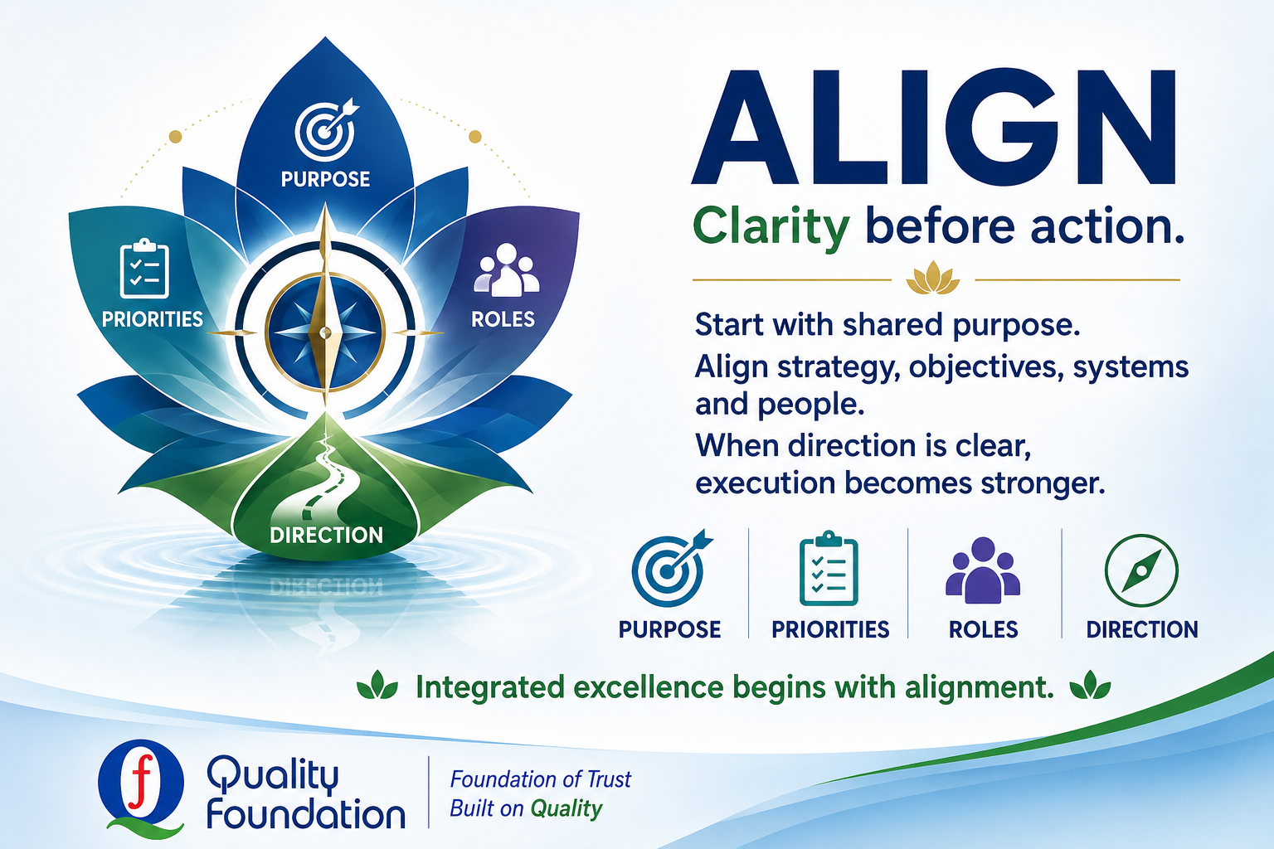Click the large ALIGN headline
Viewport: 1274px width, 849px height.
(934, 128)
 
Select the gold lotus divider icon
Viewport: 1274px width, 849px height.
(933, 278)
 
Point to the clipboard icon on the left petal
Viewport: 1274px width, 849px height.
(143, 269)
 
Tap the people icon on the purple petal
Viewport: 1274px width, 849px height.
(506, 270)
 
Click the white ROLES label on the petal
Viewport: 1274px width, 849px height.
(503, 319)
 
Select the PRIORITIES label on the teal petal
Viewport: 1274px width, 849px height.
(153, 319)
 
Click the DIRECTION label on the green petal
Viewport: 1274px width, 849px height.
(326, 535)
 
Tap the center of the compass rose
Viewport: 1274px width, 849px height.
(325, 332)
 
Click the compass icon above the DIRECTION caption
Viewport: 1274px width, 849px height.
(1141, 570)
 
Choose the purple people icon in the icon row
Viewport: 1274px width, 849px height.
(983, 570)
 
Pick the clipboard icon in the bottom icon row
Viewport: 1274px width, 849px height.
(829, 568)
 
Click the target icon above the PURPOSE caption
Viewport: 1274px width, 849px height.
(671, 569)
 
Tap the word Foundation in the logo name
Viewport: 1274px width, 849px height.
(306, 814)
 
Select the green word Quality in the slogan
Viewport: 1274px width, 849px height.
(566, 808)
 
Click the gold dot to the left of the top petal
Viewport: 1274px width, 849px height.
(176, 137)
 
